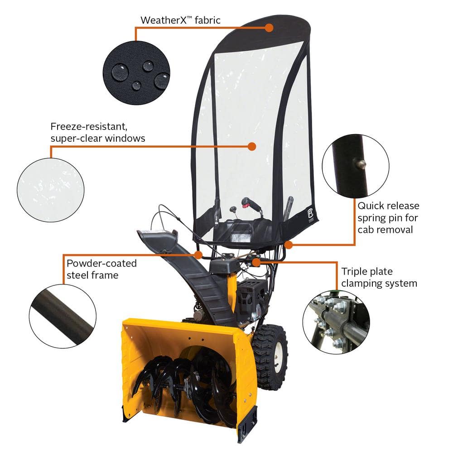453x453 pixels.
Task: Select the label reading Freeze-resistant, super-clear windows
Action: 97,132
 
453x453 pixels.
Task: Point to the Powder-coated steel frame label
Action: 101,269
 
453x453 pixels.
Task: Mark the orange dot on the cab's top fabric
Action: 269,27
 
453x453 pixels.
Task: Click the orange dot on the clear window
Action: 252,146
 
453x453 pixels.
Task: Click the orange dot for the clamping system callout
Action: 256,261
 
